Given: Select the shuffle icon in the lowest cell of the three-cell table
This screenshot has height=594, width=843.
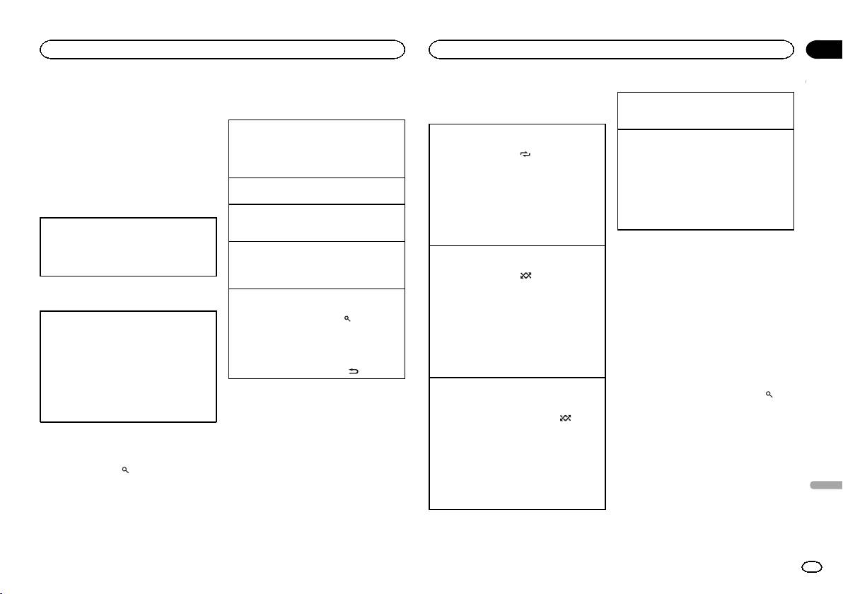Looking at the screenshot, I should pos(564,419).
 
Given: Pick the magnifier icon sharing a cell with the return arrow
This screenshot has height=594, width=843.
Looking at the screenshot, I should pos(347,320).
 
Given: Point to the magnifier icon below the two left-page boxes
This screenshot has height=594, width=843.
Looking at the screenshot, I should pos(124,470).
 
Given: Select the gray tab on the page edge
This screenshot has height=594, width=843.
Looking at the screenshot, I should pos(823,486).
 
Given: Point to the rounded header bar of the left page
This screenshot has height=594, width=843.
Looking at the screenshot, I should pos(222,49).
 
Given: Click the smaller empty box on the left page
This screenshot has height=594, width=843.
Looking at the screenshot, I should pos(128,246).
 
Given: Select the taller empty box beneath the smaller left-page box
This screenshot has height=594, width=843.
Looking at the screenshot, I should pos(128,366).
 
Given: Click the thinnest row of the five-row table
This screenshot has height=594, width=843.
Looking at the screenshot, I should pos(317,191).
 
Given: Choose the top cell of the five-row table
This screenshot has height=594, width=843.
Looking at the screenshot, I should pos(317,148).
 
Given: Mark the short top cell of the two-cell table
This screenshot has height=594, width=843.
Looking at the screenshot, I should pos(705,110).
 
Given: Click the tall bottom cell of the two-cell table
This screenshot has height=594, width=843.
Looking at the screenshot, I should pos(705,180).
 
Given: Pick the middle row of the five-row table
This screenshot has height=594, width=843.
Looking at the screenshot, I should pos(317,223).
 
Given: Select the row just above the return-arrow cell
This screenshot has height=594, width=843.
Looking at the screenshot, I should pos(317,264).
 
